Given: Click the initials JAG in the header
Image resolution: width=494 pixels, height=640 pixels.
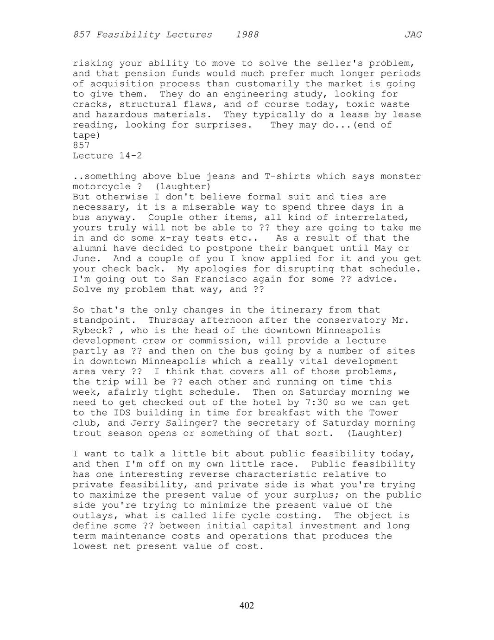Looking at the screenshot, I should coord(412,35).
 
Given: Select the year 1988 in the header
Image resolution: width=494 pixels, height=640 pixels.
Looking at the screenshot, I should coord(247,35).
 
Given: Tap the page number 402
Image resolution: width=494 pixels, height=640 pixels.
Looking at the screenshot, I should coord(247,605).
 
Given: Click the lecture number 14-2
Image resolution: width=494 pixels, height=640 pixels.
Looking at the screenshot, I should coord(130,156).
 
